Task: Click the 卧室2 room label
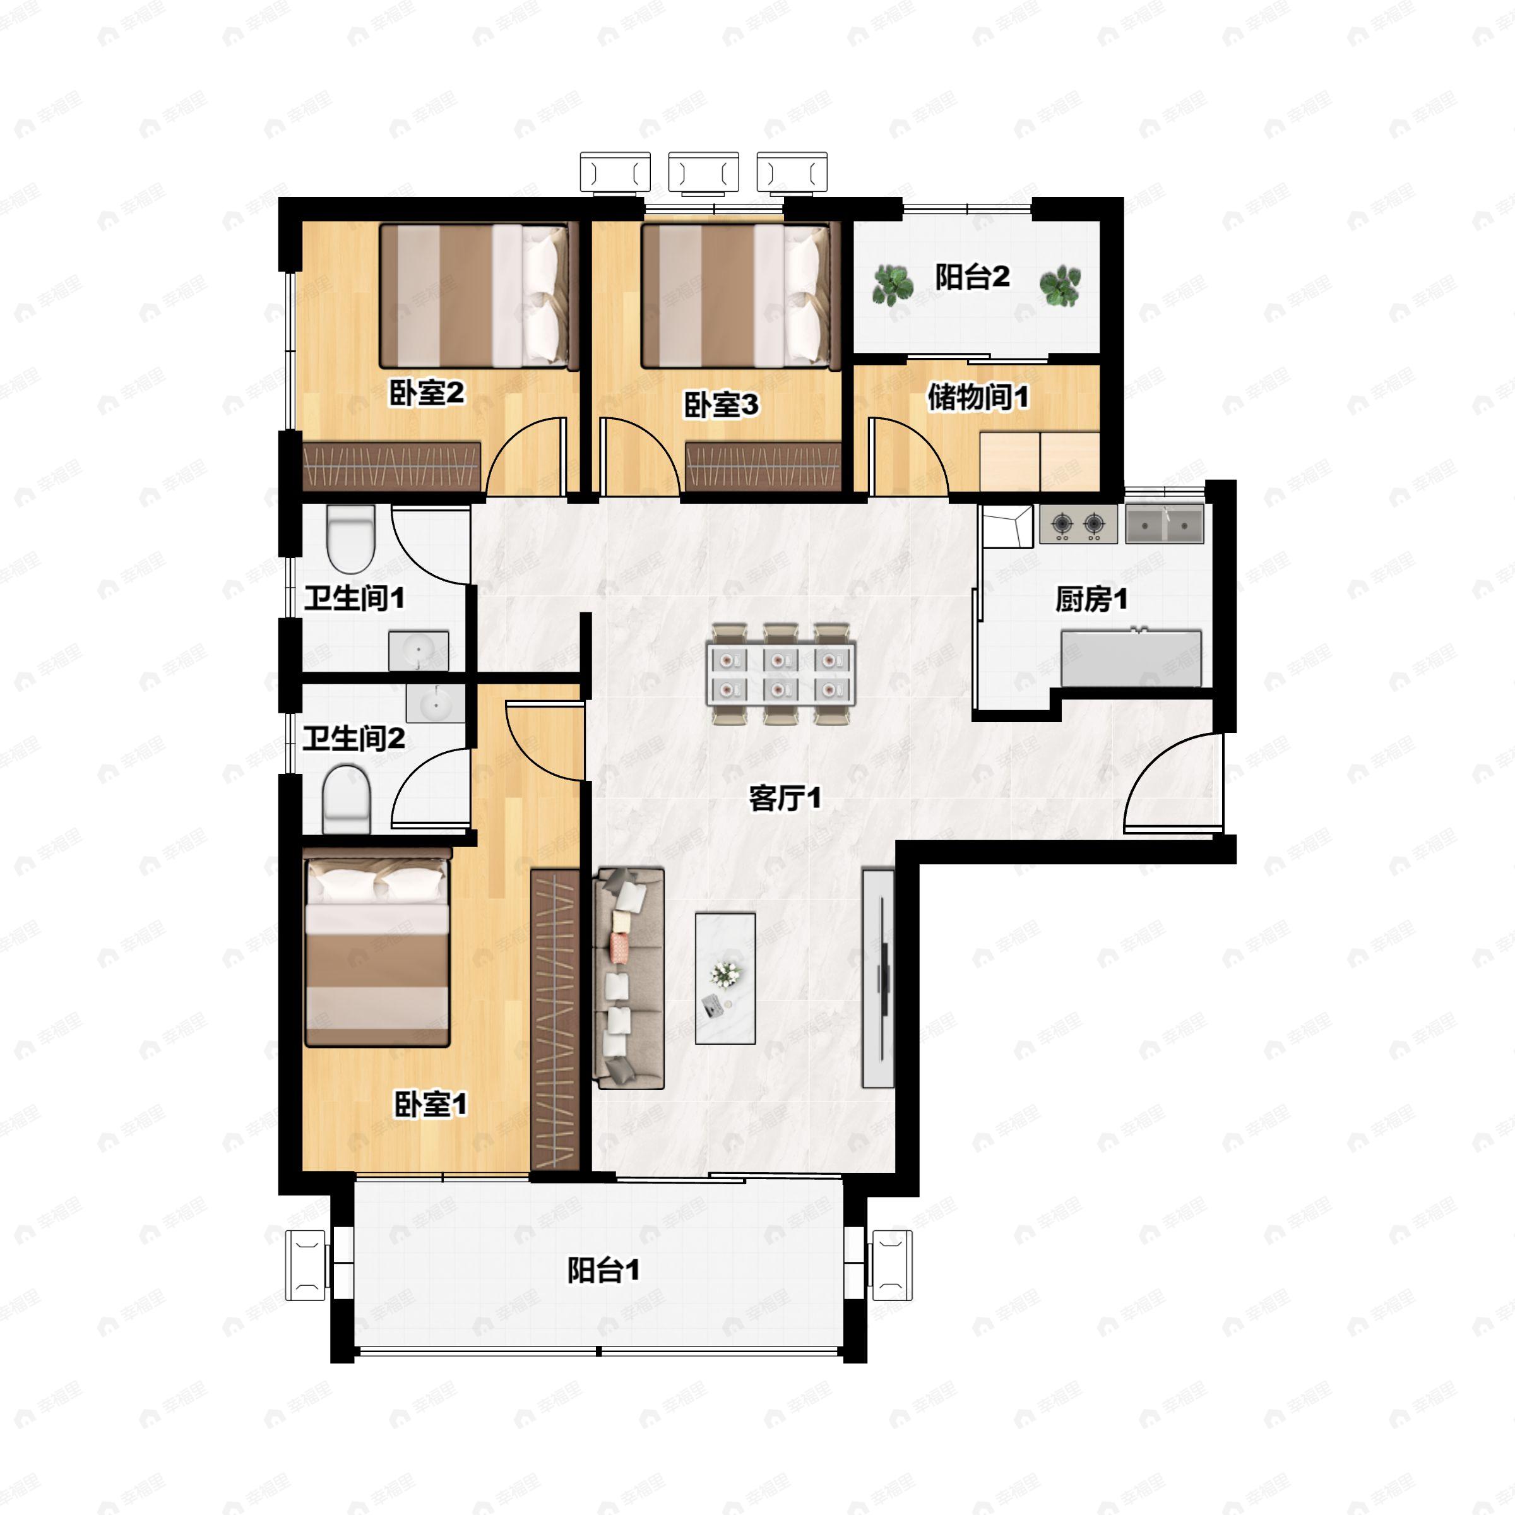click(x=427, y=393)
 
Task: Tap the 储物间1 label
click(x=977, y=397)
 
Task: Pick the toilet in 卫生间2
click(x=346, y=799)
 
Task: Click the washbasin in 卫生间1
click(x=419, y=651)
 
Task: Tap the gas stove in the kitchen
click(x=1078, y=524)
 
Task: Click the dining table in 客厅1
click(x=781, y=673)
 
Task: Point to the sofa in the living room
click(x=630, y=978)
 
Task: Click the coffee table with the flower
click(x=725, y=978)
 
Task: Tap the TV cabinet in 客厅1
click(x=877, y=978)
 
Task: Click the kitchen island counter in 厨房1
click(x=1131, y=658)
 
